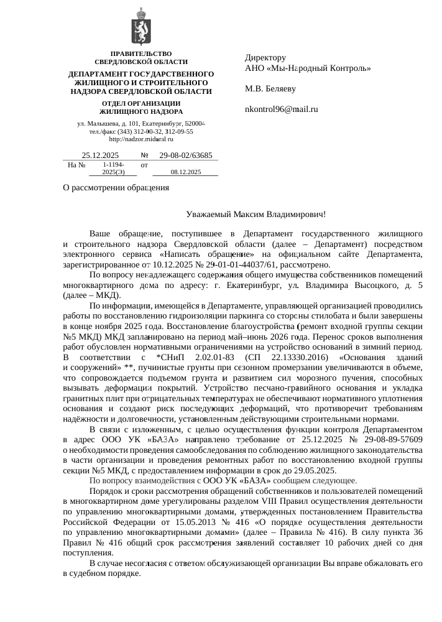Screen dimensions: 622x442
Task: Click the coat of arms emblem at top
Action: coord(140,29)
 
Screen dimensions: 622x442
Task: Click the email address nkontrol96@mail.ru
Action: coord(282,109)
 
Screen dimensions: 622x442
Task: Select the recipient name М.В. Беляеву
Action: coord(270,89)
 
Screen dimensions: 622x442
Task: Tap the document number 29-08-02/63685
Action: coord(186,155)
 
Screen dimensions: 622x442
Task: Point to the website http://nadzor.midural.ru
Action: coord(140,140)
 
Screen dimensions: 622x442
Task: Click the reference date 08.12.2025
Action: coord(185,172)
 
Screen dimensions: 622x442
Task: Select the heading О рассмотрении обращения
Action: coord(116,188)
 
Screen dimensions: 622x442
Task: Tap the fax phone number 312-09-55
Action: coord(179,132)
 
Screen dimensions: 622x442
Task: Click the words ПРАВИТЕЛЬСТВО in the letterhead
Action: coord(140,54)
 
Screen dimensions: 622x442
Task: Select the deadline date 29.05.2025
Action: coord(315,471)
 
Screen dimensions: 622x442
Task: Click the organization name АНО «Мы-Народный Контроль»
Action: coord(308,68)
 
